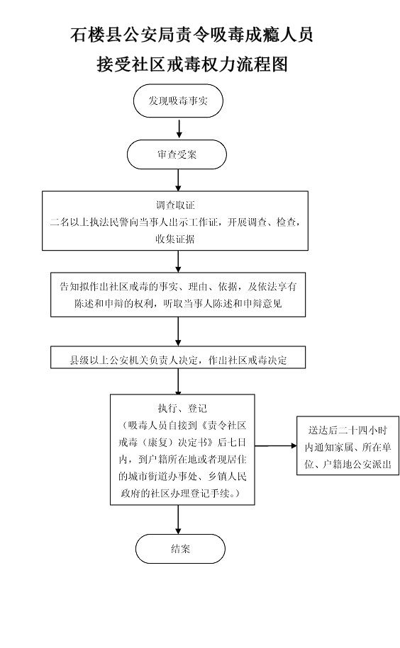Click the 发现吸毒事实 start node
[178, 101]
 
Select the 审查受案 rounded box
[177, 154]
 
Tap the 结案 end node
[180, 549]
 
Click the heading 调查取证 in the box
[175, 205]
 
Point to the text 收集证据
[175, 239]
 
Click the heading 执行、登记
[182, 409]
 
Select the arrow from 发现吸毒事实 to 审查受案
[179, 128]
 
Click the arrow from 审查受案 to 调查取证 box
[179, 180]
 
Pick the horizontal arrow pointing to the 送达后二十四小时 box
[276, 445]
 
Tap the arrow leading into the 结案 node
[179, 520]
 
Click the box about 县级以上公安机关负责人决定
[178, 357]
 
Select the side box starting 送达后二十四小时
[348, 445]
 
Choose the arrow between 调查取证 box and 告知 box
[179, 261]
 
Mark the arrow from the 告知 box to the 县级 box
[179, 331]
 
